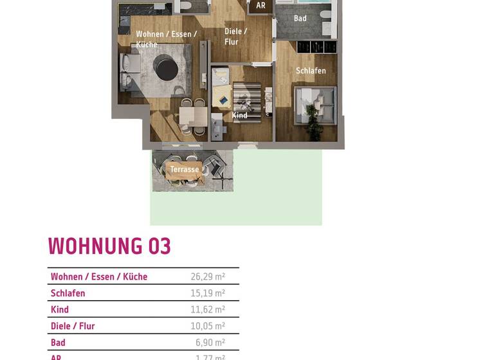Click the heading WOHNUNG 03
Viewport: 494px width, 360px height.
point(109,247)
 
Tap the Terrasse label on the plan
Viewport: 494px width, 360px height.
point(185,170)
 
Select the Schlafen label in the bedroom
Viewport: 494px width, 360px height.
point(311,71)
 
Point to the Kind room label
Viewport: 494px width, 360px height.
point(240,116)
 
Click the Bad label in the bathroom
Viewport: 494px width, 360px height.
point(300,19)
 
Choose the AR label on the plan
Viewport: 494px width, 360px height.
point(261,6)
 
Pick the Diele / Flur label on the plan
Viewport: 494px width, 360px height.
point(235,37)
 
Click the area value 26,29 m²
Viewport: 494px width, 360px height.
point(208,277)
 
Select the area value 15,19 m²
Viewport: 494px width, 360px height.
point(208,294)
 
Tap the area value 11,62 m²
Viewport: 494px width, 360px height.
point(208,310)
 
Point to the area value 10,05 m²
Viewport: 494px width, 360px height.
point(208,327)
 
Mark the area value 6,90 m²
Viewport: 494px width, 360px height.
point(210,343)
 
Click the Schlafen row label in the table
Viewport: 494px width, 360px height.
point(68,294)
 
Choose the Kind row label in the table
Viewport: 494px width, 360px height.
point(60,310)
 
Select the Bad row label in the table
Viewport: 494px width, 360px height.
point(58,343)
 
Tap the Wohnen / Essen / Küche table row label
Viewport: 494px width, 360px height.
point(99,277)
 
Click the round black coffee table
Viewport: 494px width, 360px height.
point(166,67)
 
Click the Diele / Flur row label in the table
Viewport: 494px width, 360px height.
point(73,327)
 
